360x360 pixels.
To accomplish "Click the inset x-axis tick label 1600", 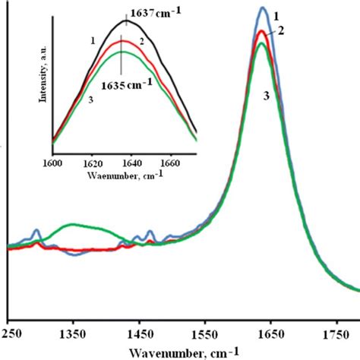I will [x=52, y=163].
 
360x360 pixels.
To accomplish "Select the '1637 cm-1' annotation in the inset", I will [x=153, y=11].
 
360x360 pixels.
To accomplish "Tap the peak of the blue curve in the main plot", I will [x=263, y=8].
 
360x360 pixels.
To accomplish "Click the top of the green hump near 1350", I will [x=74, y=225].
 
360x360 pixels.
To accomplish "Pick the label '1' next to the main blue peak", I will [x=277, y=14].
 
